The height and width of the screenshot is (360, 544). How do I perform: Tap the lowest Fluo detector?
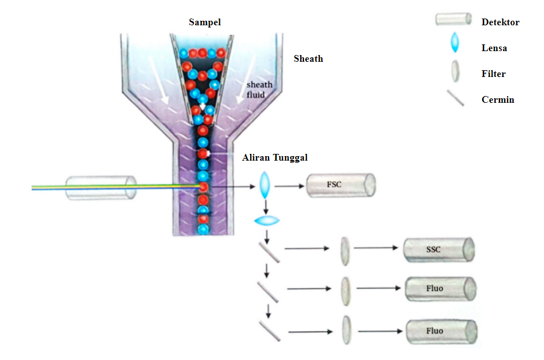441,331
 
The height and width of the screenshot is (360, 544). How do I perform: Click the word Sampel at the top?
205,22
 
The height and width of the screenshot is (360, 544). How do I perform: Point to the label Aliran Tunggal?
275,158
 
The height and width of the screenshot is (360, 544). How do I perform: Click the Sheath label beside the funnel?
308,58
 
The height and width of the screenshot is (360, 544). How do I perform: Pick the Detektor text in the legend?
500,22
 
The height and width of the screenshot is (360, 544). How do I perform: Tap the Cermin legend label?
497,100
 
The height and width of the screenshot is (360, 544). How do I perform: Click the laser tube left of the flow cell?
101,188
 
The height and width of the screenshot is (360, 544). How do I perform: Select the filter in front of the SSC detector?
344,250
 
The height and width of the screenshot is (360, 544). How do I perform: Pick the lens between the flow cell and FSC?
265,185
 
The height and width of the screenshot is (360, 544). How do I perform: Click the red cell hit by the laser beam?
203,187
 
